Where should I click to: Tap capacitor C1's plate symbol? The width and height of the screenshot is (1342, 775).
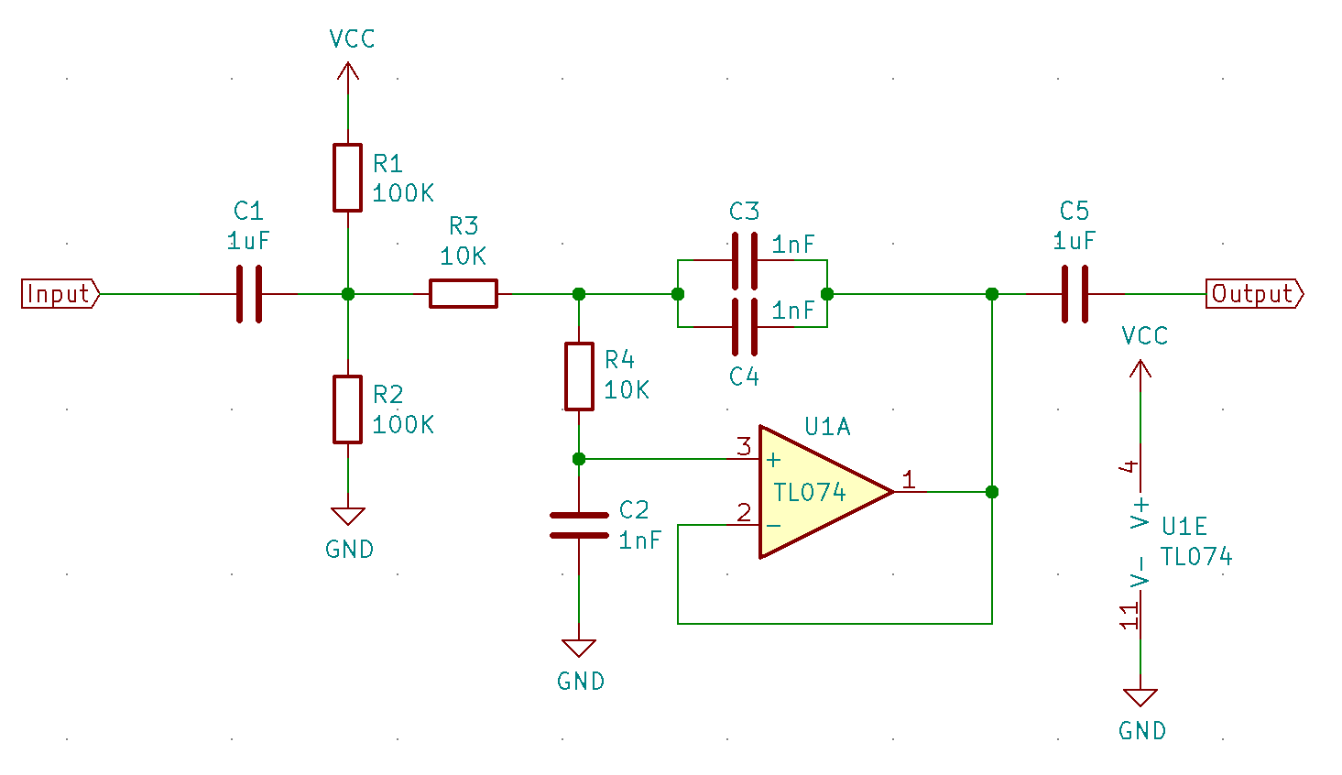[x=248, y=294]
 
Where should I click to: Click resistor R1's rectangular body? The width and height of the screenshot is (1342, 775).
[x=347, y=178]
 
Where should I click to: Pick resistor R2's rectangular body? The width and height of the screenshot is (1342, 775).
[x=347, y=409]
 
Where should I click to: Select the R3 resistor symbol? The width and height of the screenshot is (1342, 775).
[x=464, y=294]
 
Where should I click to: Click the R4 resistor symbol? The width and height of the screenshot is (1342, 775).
[x=579, y=377]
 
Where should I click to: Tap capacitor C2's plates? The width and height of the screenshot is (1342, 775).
[x=579, y=526]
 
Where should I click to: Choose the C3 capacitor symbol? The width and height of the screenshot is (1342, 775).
[x=744, y=261]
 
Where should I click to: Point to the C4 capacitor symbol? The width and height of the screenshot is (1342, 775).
[x=744, y=327]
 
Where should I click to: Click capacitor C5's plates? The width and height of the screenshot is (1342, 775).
[x=1075, y=294]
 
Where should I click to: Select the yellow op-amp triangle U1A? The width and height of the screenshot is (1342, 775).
[x=815, y=492]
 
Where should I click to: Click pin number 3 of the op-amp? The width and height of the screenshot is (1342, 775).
[x=744, y=447]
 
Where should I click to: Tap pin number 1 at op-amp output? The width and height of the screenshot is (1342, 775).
[x=908, y=480]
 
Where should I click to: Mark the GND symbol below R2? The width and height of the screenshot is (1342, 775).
[x=347, y=517]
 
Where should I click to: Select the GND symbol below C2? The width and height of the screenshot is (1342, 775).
[x=579, y=649]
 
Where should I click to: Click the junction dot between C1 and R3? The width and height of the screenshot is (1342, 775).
[x=347, y=294]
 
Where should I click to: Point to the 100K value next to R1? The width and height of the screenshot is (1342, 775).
[x=403, y=193]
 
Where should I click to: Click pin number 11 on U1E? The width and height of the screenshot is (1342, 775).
[x=1129, y=616]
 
